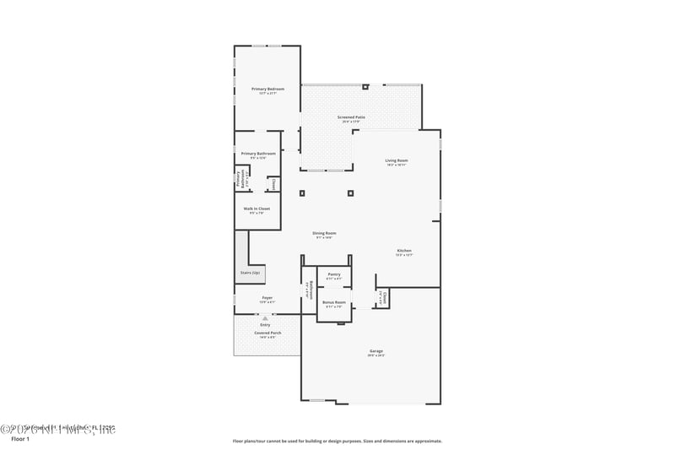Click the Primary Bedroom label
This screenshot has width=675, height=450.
[x=267, y=89]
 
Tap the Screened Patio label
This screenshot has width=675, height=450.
[x=351, y=117]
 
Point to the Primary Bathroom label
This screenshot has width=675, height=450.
[x=258, y=154]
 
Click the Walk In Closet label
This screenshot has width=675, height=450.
[x=256, y=209]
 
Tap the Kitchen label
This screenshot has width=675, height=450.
[x=404, y=251]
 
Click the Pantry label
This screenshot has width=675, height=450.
[x=334, y=274]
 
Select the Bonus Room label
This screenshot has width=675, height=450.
[x=334, y=302]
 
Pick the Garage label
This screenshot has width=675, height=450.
[x=376, y=351]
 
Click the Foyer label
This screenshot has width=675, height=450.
[x=267, y=298]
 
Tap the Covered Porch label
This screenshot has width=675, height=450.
[x=268, y=333]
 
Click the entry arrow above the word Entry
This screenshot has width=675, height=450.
[x=266, y=317]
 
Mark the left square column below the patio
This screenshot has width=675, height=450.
[x=302, y=193]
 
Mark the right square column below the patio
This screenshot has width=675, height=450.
[x=350, y=193]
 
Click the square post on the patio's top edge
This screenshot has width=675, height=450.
[x=364, y=86]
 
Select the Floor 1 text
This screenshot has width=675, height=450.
[x=20, y=439]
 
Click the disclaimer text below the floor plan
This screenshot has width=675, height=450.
[x=337, y=441]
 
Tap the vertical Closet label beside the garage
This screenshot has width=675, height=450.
[x=382, y=297]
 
